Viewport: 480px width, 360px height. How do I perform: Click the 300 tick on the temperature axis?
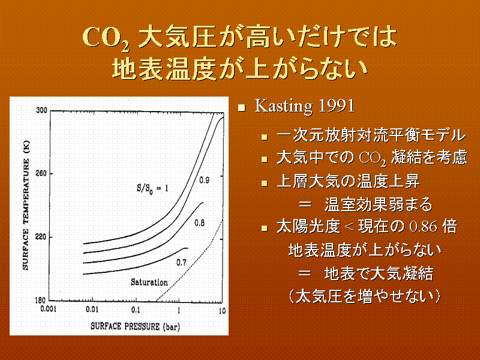[41, 110]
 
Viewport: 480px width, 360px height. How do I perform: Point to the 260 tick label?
[41, 173]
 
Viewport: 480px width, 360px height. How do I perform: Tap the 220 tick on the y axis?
[41, 237]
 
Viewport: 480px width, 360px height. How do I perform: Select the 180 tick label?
[40, 301]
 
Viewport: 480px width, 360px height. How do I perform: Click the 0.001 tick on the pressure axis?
[49, 309]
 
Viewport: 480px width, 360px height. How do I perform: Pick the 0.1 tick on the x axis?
[136, 310]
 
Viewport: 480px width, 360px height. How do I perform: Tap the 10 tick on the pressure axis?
[222, 311]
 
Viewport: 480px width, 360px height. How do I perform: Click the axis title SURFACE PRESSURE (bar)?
[136, 326]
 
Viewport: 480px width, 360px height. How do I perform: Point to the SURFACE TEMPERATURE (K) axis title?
[26, 205]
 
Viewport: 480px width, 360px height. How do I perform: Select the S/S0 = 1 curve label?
[152, 188]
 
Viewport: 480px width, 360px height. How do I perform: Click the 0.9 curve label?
[204, 180]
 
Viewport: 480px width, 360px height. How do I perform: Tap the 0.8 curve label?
[199, 223]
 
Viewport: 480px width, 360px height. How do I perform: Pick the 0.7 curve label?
[181, 262]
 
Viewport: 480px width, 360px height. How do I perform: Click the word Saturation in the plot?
[149, 282]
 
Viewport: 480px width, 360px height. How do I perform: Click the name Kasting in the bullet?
[283, 107]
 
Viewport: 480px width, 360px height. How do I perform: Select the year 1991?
[337, 106]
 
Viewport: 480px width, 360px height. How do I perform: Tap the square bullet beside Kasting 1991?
[242, 107]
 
